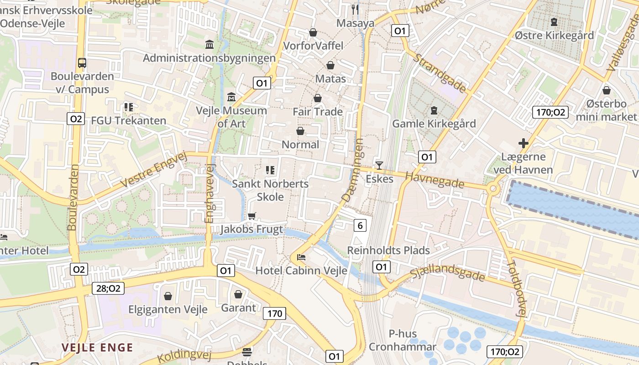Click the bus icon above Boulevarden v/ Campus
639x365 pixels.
click(82, 63)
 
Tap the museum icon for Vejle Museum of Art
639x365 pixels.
click(231, 97)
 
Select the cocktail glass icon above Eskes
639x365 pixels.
click(379, 165)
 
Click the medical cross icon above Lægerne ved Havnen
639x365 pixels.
click(524, 143)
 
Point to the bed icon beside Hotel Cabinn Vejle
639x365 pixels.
click(301, 257)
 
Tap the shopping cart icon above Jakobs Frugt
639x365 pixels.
click(251, 216)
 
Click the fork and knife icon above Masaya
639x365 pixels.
click(355, 10)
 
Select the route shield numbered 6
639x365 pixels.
click(361, 225)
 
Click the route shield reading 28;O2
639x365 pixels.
click(108, 288)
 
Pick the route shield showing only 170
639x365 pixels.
click(274, 313)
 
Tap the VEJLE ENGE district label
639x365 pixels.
click(97, 347)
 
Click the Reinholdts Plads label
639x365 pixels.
click(388, 250)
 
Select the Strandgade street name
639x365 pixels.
click(440, 73)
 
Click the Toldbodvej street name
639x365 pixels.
click(517, 289)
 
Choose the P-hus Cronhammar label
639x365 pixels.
click(402, 340)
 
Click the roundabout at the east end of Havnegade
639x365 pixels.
click(493, 189)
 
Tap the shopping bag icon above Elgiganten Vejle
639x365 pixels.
click(168, 296)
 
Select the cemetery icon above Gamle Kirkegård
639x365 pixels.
click(433, 110)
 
